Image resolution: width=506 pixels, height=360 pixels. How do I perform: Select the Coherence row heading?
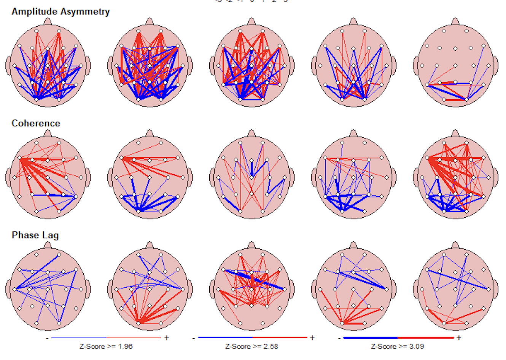36,123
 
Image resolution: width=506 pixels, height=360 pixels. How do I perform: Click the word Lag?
51,235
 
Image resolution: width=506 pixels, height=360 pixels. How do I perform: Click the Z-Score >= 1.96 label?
106,346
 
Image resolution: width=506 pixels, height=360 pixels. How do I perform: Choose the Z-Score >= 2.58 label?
252,346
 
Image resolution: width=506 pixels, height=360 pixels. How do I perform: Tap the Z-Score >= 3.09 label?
398,346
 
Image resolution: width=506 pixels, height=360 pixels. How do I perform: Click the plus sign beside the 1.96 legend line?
166,338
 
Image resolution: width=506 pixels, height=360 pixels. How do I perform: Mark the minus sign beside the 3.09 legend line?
339,338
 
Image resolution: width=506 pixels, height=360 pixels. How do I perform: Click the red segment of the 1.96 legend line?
133,338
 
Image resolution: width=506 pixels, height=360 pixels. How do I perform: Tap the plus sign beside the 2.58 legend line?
312,338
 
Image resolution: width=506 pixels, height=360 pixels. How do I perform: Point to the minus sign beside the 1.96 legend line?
47,338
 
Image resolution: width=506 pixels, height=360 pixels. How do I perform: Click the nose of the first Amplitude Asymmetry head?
48,22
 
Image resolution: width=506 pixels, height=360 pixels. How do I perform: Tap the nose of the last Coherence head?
455,134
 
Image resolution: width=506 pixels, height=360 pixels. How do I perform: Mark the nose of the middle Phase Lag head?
251,245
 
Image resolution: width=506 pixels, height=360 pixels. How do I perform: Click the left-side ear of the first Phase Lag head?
9,289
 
